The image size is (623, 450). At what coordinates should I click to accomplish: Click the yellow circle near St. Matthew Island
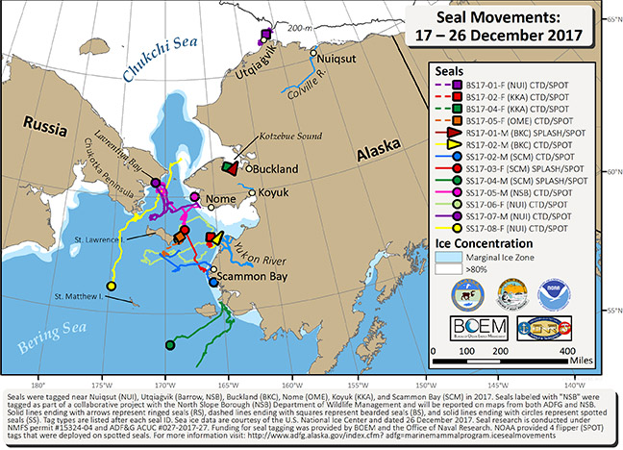click(x=112, y=287)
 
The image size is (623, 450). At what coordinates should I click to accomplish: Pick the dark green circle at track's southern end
click(x=169, y=344)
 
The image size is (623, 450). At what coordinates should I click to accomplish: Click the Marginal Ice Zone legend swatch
click(x=445, y=259)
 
